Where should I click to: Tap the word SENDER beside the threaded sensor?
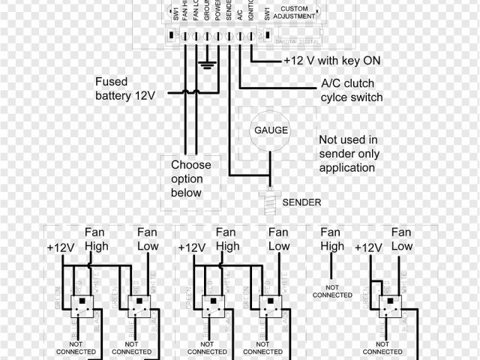tap(301, 202)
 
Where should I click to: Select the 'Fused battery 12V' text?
tap(125, 88)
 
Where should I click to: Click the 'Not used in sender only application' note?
tap(349, 154)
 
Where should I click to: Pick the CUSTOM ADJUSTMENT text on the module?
tap(289, 13)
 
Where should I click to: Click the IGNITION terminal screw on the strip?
tap(249, 36)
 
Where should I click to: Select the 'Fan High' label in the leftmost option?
tap(96, 239)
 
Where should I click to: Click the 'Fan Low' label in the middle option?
tap(278, 239)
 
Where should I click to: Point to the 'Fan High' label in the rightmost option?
tap(332, 239)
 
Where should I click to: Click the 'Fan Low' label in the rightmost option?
tap(401, 239)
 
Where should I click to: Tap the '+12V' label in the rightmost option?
tap(369, 247)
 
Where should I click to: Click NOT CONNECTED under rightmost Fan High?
tap(333, 292)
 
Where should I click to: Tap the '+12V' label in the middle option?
tap(192, 247)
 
